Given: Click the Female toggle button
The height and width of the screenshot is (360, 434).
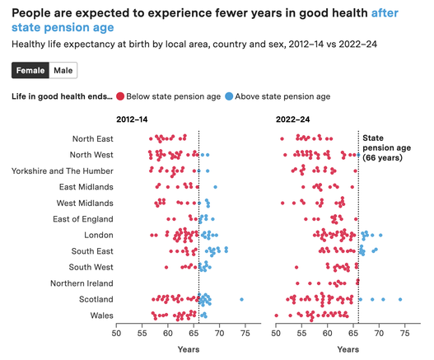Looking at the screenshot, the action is (x=30, y=70).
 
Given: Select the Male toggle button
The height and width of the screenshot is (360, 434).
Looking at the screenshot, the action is (x=63, y=70).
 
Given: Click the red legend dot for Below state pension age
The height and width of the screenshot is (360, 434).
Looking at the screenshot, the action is (x=120, y=96).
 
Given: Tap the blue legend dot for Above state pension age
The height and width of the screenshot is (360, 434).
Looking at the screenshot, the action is (x=229, y=96).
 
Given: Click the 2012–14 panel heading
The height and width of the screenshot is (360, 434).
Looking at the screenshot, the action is (x=132, y=119).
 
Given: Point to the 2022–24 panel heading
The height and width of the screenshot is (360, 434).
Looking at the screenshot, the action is (x=292, y=119).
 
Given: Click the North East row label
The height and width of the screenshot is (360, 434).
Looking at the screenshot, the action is (x=93, y=138).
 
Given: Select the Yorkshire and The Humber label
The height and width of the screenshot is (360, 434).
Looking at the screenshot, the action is (x=63, y=171).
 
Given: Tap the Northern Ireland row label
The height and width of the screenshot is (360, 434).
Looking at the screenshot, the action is (x=82, y=283).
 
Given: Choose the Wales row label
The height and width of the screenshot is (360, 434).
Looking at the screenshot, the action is (x=101, y=316).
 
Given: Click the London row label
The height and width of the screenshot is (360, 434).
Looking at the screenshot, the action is (x=99, y=235).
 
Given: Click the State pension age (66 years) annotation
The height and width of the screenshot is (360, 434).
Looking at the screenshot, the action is (x=386, y=148).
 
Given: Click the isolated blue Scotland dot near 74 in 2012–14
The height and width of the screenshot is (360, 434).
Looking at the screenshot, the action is (x=241, y=299).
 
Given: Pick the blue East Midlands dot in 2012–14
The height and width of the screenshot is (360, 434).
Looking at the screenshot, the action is (x=215, y=187).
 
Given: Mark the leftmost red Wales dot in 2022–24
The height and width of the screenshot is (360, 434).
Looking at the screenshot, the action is (x=276, y=316).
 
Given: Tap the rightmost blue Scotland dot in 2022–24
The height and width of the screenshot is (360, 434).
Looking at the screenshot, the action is (x=400, y=299).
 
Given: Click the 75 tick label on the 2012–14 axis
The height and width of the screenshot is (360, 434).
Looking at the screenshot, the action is (x=245, y=333).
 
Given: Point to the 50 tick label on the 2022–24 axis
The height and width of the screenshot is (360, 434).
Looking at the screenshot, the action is (x=276, y=333).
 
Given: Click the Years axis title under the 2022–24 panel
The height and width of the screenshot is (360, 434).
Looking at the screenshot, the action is (x=348, y=349).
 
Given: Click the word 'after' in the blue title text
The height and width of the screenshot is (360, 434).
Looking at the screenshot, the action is (x=385, y=13).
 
